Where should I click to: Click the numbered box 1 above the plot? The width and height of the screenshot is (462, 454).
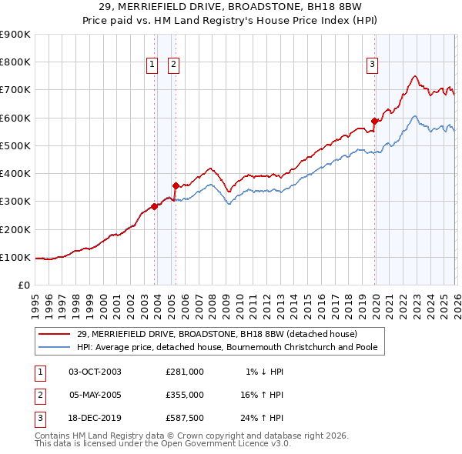(152, 65)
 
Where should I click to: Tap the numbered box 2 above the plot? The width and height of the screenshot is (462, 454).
(173, 65)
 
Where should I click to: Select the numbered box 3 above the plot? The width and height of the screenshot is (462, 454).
(372, 65)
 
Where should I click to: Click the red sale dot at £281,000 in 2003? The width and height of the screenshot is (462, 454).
(155, 206)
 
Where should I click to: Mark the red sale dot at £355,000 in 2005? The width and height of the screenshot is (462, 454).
(176, 185)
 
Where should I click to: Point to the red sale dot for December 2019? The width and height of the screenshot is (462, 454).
(374, 121)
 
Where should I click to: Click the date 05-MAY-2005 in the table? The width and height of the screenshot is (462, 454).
(95, 395)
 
